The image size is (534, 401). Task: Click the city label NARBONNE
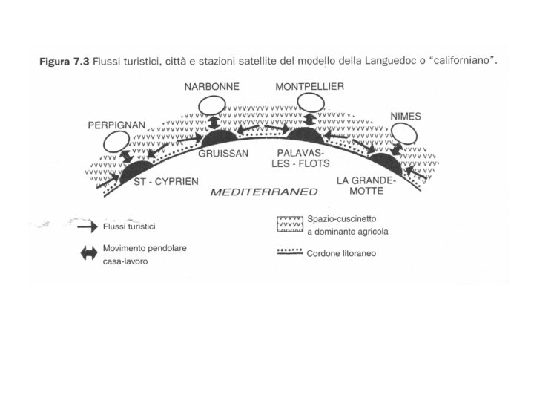[x=211, y=87]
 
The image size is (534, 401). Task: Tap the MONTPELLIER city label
[x=309, y=87]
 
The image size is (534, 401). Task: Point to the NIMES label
[x=406, y=117]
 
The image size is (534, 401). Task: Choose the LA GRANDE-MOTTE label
[x=366, y=186]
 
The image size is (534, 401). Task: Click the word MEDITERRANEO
[x=264, y=191]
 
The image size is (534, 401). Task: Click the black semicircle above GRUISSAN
[x=218, y=138]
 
